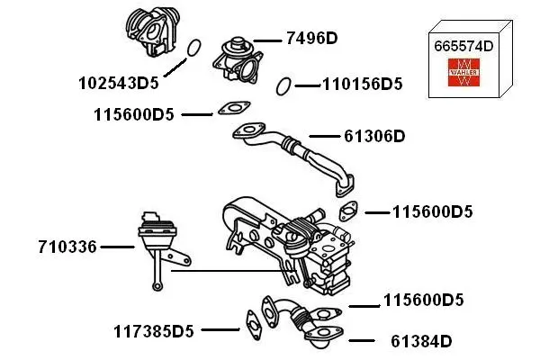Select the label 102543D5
coord(118,84)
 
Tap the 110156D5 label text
coord(362,85)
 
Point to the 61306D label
coord(374,137)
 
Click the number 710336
coord(67,246)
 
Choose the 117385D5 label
coord(154,331)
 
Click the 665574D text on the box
coord(465,45)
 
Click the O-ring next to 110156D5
coord(283,86)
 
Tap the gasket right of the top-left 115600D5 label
coord(231,110)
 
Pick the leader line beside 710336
coord(117,246)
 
